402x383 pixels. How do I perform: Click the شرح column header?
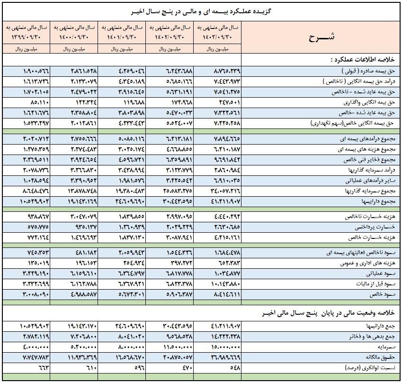pos(322,37)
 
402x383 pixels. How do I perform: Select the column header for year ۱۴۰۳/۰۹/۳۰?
pos(217,32)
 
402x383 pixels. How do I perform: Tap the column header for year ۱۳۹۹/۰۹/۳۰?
pos(27,32)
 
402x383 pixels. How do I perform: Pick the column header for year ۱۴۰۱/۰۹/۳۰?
pos(122,32)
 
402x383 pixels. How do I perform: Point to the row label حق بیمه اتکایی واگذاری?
pos(369,103)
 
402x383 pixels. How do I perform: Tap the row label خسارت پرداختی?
pos(375,227)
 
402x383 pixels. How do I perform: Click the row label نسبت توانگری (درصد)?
pos(370,368)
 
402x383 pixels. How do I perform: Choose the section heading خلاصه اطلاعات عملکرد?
pos(363,60)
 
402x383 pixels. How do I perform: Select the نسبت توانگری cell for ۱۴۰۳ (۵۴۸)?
pos(235,368)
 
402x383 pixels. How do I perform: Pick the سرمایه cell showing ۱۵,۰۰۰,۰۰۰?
pos(225,347)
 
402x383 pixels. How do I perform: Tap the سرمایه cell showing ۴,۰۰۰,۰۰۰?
pos(36,347)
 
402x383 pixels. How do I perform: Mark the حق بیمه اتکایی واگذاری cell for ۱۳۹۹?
pos(39,102)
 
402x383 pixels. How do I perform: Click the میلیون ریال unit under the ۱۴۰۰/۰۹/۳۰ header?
pos(74,49)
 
